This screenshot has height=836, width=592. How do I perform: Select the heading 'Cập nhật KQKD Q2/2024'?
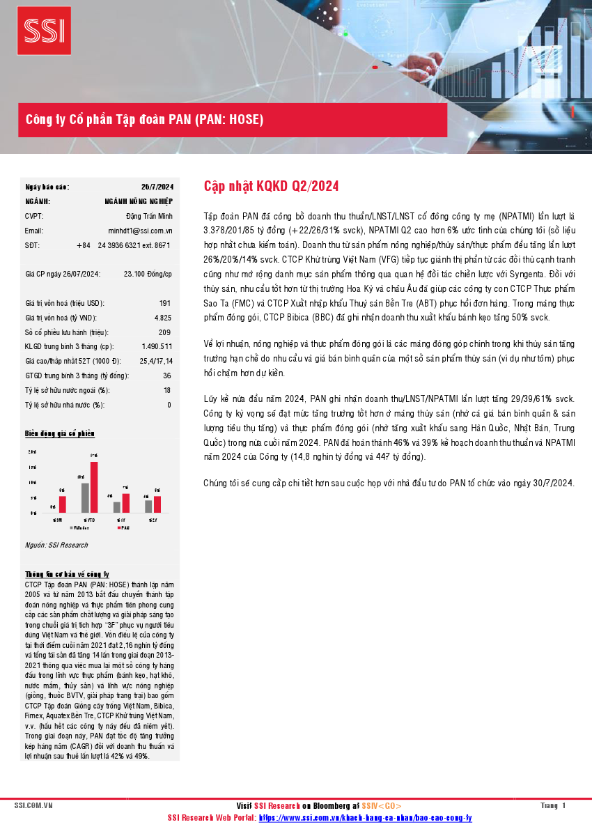(x=271, y=186)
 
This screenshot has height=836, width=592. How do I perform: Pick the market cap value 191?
(x=165, y=304)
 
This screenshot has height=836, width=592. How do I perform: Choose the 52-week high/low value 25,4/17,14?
(x=155, y=361)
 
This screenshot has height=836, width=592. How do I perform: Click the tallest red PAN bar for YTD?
(x=94, y=487)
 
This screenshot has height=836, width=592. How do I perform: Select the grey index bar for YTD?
(x=85, y=497)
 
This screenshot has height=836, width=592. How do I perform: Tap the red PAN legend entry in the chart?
(x=123, y=528)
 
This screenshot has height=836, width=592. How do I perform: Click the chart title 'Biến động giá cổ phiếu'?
(x=60, y=434)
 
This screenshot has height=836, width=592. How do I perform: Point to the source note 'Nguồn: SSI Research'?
(x=56, y=545)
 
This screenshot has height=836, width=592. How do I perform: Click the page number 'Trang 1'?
(x=553, y=806)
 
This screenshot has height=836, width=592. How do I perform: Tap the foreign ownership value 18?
(x=167, y=390)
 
